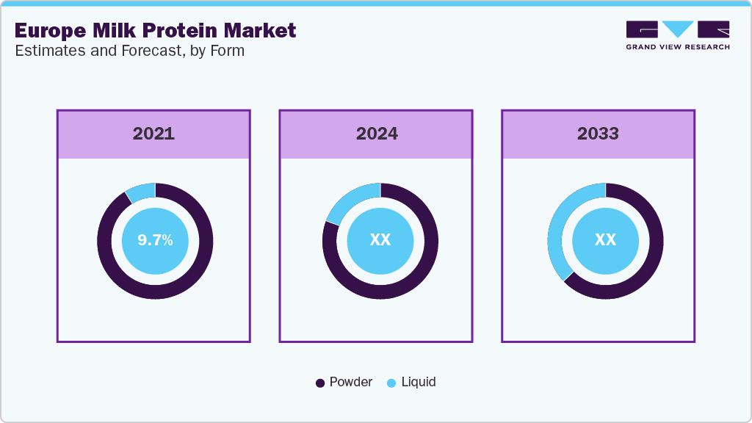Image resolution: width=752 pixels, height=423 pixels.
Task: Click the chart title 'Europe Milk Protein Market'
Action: (155, 30)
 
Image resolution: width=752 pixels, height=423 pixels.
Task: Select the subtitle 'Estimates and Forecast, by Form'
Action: (129, 51)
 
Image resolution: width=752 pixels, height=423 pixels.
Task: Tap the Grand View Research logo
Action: (677, 35)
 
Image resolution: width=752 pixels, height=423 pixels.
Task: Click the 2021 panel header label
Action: (153, 134)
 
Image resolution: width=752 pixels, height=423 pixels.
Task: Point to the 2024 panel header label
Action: (377, 134)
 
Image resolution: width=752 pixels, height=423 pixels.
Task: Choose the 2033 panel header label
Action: (598, 134)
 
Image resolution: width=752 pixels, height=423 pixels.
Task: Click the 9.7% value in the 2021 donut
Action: (155, 240)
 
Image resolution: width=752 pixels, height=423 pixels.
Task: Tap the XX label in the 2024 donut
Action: (380, 240)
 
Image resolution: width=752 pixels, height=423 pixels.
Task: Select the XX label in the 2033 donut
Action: (605, 240)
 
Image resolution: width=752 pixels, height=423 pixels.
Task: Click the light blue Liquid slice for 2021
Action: (141, 191)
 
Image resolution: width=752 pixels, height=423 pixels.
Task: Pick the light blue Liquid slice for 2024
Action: (350, 201)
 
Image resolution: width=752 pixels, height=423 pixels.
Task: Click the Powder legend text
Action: (350, 382)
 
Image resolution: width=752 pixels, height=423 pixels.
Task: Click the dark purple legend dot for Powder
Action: (320, 383)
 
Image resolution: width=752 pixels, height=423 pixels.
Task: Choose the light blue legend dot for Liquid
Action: (391, 383)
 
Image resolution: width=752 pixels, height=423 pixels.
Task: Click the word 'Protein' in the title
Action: (167, 30)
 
